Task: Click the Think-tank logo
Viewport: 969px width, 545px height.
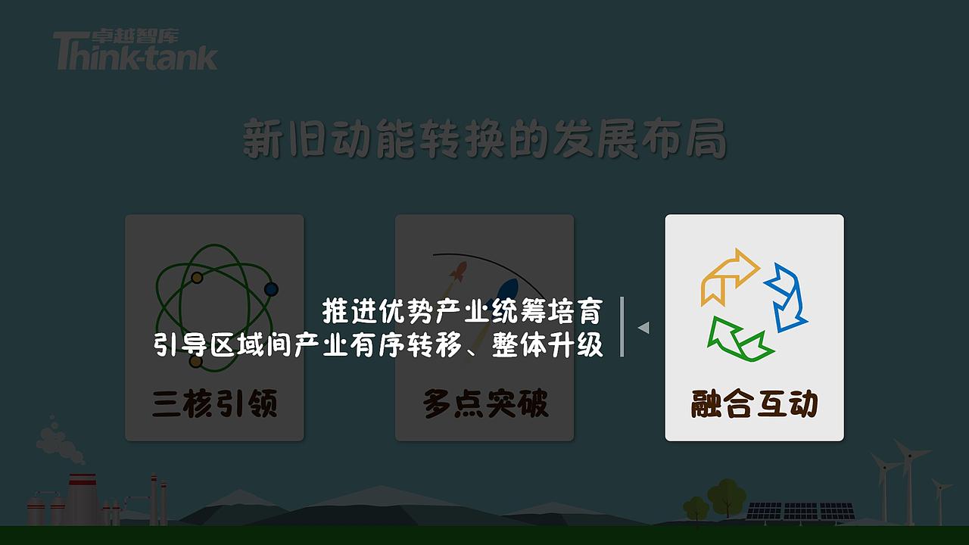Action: click(x=135, y=51)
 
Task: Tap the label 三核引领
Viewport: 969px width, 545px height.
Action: click(x=214, y=403)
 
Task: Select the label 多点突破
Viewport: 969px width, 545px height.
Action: click(x=484, y=403)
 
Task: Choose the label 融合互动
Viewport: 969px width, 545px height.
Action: click(x=754, y=403)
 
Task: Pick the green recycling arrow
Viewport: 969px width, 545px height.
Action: click(x=738, y=339)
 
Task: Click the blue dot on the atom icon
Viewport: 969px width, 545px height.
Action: click(x=270, y=289)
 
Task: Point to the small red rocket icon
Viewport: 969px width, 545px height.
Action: click(x=458, y=270)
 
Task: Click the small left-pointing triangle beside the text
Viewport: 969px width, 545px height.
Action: click(x=643, y=328)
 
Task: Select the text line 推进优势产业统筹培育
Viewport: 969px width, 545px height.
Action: click(x=462, y=310)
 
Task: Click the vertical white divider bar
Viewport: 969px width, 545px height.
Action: click(x=622, y=326)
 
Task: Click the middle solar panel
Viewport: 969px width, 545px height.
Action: click(x=800, y=511)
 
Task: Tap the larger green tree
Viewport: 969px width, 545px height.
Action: click(x=726, y=496)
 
